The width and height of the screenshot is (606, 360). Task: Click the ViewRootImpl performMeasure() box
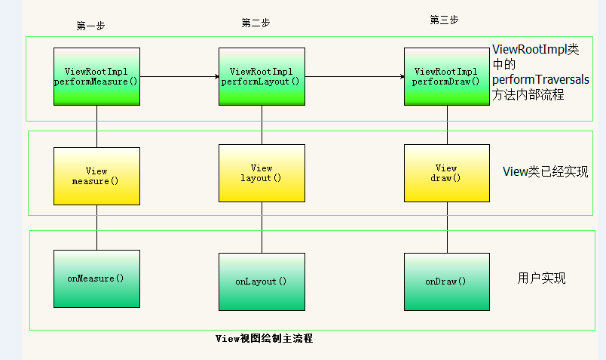click(96, 77)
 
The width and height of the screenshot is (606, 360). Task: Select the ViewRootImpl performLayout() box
click(262, 77)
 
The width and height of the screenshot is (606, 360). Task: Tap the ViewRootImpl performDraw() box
click(447, 77)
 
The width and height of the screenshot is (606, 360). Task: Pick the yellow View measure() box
click(96, 176)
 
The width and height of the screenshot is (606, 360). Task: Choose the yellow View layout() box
click(262, 173)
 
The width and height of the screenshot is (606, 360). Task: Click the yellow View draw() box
click(447, 173)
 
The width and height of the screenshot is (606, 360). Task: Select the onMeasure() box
click(96, 278)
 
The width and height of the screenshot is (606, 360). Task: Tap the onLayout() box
click(262, 282)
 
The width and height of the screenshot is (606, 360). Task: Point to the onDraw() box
click(447, 282)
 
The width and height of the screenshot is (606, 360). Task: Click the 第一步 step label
click(90, 26)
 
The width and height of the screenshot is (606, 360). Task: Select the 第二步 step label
click(256, 23)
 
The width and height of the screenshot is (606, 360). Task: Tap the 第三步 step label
click(444, 20)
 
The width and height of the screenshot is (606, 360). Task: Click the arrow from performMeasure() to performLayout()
click(179, 77)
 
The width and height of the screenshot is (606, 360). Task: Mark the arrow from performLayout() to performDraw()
click(355, 77)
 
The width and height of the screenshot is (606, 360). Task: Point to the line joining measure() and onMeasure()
click(96, 228)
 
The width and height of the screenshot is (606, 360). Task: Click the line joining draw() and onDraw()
click(447, 228)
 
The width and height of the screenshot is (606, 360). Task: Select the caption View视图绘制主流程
click(264, 339)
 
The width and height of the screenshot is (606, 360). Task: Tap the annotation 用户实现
click(541, 278)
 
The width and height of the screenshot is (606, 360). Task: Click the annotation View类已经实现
click(545, 171)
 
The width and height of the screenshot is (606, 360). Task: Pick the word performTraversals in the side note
click(540, 79)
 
